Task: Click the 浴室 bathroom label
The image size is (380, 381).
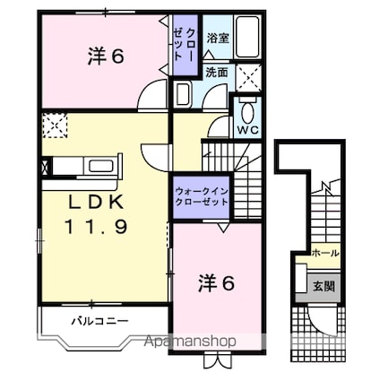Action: [x=217, y=39]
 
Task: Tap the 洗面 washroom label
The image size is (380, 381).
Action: [x=216, y=73]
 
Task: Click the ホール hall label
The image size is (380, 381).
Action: [x=324, y=254]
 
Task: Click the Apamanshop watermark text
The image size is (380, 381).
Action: [x=182, y=342]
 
